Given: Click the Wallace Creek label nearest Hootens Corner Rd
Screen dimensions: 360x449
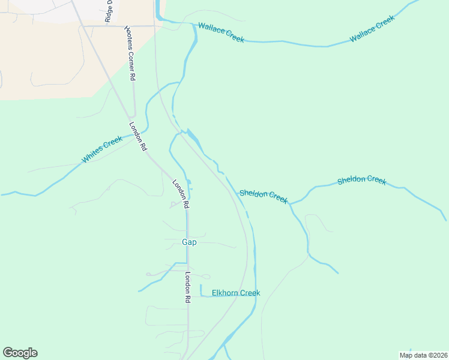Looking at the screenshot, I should coord(221,32).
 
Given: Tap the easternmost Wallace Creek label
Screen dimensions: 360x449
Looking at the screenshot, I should coord(372,29).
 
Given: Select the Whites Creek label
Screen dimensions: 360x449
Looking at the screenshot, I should coord(102,150).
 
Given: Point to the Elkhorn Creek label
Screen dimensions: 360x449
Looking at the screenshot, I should coord(236,293).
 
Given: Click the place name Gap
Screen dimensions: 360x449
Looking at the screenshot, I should coord(189,242).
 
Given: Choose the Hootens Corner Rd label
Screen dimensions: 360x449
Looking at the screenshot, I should coord(130,53).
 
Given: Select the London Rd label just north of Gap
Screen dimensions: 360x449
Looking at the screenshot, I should coord(181,194).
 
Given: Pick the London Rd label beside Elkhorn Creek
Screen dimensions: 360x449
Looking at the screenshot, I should coord(187,287).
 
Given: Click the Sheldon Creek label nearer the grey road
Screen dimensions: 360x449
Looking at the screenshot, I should coord(264,196).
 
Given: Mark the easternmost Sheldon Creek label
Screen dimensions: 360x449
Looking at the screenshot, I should coord(361,180).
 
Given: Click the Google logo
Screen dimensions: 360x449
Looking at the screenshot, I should coord(20,353).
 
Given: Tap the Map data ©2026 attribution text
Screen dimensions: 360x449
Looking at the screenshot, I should coord(424,355).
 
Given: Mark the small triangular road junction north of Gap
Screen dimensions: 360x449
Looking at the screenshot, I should coord(173,205).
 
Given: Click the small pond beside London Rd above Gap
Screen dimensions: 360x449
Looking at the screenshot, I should coord(189,182).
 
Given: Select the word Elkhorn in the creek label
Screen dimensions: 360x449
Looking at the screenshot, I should coord(225,293).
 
